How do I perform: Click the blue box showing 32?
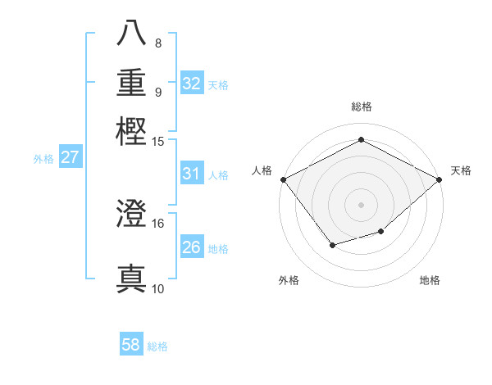coord(192,84)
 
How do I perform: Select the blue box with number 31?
coord(192,174)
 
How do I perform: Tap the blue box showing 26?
coord(192,247)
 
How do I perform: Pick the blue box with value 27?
coord(71,157)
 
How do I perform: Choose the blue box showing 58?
coord(131,345)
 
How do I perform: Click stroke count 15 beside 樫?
coord(158,142)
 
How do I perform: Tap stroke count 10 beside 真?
coord(158,288)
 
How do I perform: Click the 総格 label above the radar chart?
coord(361,106)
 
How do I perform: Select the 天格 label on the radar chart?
coord(461,170)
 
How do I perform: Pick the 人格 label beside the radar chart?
coord(262,170)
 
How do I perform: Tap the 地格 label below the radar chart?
coord(430,280)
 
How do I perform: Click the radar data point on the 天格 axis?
coord(440,179)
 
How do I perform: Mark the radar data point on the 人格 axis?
coord(283,179)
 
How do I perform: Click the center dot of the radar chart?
coord(361,204)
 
